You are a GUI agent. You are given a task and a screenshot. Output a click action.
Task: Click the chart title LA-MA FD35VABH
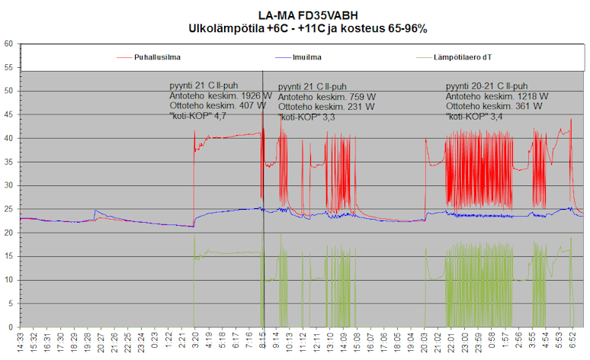point(308,14)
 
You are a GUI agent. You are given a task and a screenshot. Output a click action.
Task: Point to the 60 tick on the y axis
point(8,44)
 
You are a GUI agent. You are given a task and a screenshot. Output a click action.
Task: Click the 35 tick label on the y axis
point(8,162)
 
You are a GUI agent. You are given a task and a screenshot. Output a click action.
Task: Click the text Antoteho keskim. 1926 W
point(220,96)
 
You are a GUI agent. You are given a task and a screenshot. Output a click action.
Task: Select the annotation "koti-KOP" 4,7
point(198,116)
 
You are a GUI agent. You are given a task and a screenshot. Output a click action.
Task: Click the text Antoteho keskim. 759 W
point(325,97)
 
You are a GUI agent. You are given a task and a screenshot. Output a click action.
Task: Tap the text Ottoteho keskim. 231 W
point(325,108)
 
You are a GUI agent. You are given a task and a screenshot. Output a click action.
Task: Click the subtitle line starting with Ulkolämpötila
point(308,28)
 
